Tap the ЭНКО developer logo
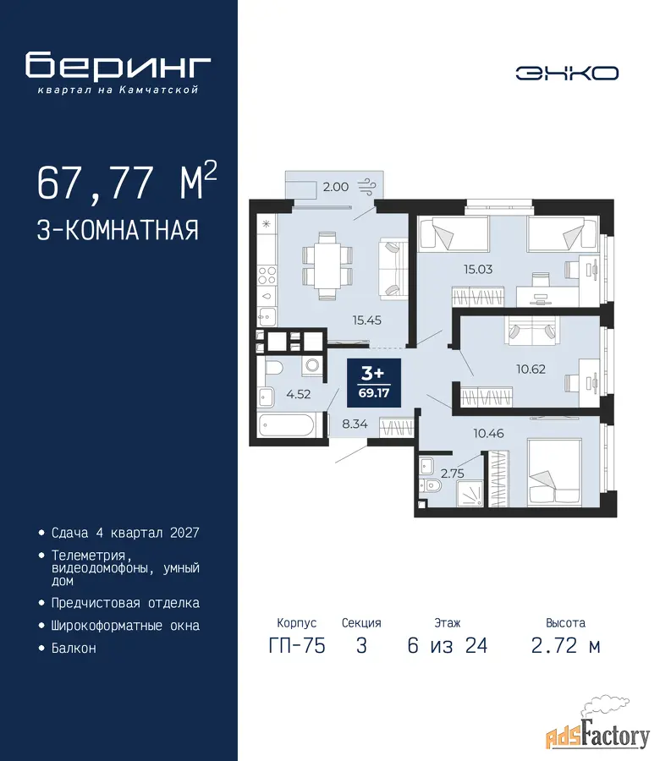[x=567, y=74]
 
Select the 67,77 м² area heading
[x=127, y=182]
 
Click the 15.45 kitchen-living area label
[x=366, y=320]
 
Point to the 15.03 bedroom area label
[x=478, y=269]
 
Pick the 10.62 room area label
[x=531, y=370]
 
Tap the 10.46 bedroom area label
[x=488, y=433]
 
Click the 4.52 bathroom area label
[x=298, y=394]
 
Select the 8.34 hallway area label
[x=355, y=424]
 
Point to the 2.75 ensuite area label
[x=452, y=474]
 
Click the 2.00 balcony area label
[x=336, y=187]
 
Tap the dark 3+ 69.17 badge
[x=373, y=383]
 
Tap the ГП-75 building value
[x=297, y=645]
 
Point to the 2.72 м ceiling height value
[x=566, y=645]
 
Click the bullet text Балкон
[x=74, y=648]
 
